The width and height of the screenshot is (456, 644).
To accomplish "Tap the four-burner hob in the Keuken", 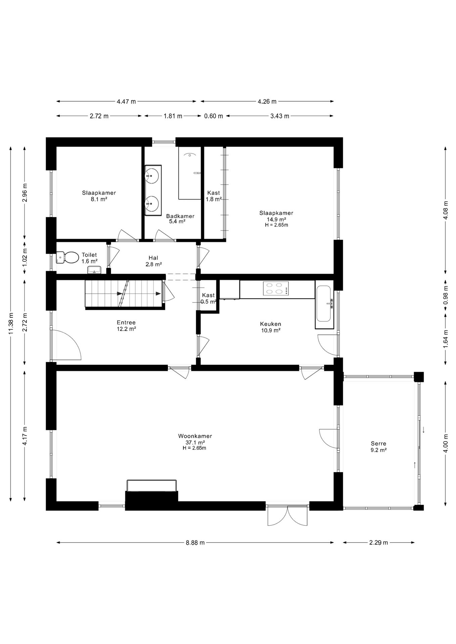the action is coord(276,288).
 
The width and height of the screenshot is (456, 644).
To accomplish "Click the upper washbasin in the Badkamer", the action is coord(153,175).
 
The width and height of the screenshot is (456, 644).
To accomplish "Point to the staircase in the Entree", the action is coord(124,293).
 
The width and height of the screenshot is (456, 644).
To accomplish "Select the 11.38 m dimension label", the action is coord(11,323).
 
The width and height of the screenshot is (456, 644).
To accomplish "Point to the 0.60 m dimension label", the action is coord(214,116).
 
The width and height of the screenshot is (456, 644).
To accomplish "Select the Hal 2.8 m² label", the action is coord(153,261).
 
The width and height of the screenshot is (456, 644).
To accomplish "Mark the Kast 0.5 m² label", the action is coord(209,298).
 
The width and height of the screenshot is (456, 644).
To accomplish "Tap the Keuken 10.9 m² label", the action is coord(270,327).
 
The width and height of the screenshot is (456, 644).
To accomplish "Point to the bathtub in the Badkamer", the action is coord(189,173).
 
